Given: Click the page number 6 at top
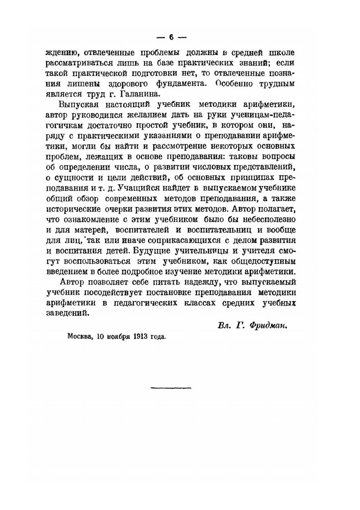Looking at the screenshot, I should click(171, 37).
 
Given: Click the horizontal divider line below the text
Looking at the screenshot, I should click(171, 387).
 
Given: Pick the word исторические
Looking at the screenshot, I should click(69, 209).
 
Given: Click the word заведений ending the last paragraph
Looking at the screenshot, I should click(67, 313).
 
